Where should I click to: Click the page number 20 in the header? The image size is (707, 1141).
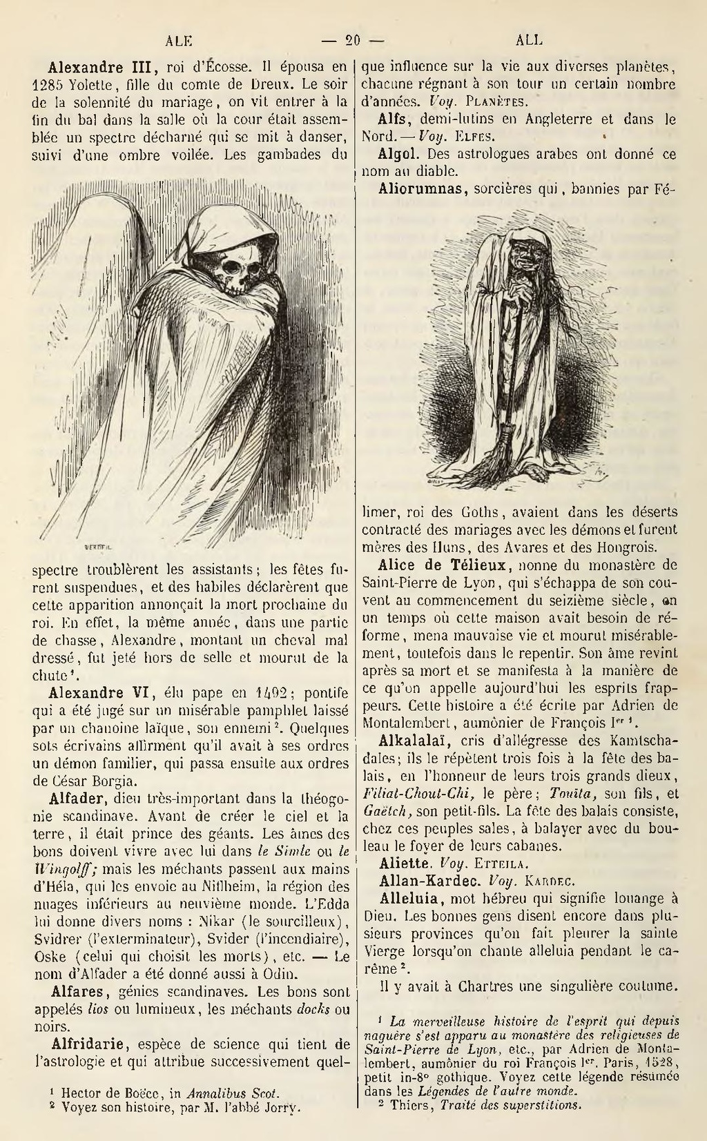(x=353, y=40)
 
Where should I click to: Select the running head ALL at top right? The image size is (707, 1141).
(x=529, y=40)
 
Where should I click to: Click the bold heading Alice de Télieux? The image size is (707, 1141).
(x=446, y=565)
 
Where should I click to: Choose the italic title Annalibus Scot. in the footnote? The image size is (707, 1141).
(x=223, y=1093)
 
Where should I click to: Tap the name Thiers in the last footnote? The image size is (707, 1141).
(x=411, y=1104)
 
